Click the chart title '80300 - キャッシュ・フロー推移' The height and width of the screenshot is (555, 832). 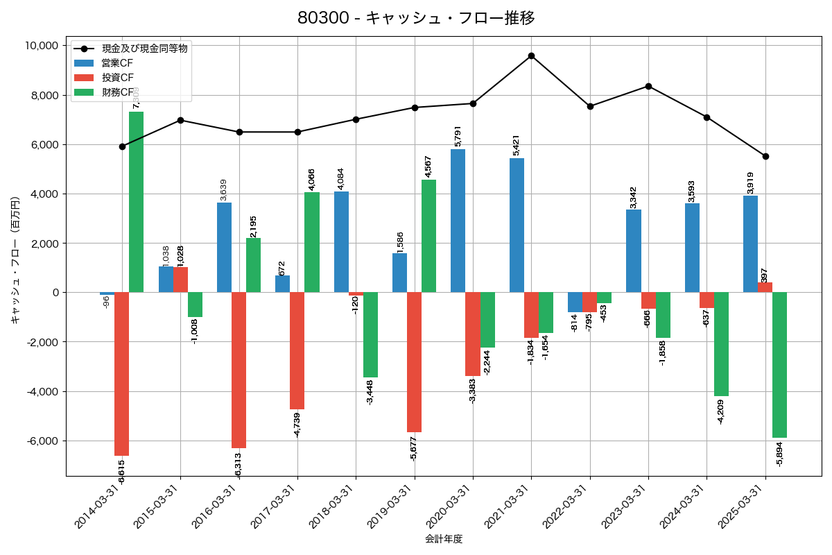coord(415,18)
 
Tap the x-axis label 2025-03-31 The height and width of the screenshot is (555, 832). coord(741,513)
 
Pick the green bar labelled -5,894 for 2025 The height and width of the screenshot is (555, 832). coord(779,365)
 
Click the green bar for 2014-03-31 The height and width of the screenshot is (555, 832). coord(137,202)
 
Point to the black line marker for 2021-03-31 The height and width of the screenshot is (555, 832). coord(531,55)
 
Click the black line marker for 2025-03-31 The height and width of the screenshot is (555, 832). coord(765,156)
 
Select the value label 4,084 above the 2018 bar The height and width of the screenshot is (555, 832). coord(340,179)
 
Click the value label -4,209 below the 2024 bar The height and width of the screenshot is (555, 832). coord(721,411)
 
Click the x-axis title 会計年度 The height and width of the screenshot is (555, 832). coord(443,539)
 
